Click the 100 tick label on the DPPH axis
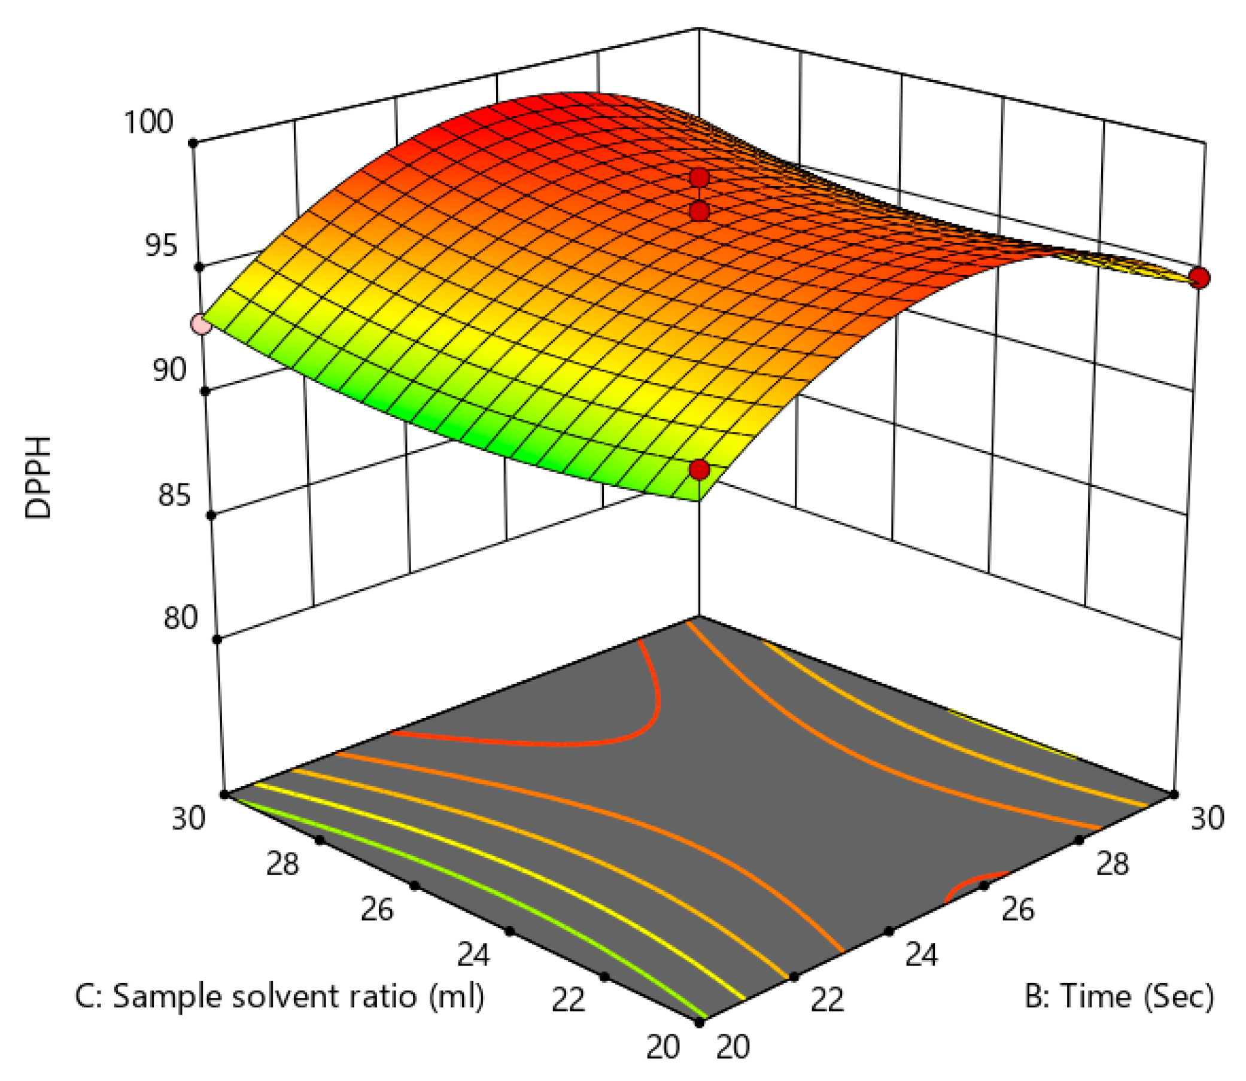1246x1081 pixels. click(x=148, y=122)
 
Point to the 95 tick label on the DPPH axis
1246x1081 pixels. click(x=161, y=245)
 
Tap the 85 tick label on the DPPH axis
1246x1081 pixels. click(x=174, y=495)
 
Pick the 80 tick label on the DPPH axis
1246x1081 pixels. click(x=180, y=618)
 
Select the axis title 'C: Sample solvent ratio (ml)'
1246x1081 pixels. click(x=279, y=996)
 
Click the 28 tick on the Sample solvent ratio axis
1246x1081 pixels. click(x=282, y=864)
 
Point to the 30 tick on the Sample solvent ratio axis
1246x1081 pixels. click(x=189, y=818)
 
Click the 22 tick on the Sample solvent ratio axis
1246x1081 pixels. click(x=568, y=1000)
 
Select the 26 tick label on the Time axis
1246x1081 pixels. click(x=1018, y=909)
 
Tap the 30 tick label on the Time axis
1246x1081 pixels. click(x=1207, y=818)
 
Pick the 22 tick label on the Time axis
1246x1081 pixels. click(x=826, y=1000)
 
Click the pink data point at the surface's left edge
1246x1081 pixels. click(x=201, y=325)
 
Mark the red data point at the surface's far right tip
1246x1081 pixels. click(x=1199, y=279)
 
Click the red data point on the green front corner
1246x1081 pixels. click(x=699, y=470)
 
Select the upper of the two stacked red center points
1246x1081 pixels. click(x=699, y=177)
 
